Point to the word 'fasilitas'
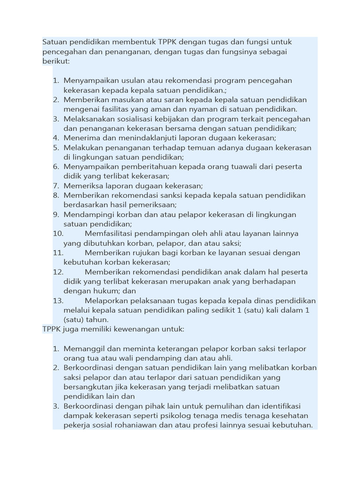click(109, 109)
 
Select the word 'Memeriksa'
click(82, 186)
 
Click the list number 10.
click(58, 233)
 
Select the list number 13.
click(58, 300)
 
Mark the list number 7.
click(55, 186)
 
